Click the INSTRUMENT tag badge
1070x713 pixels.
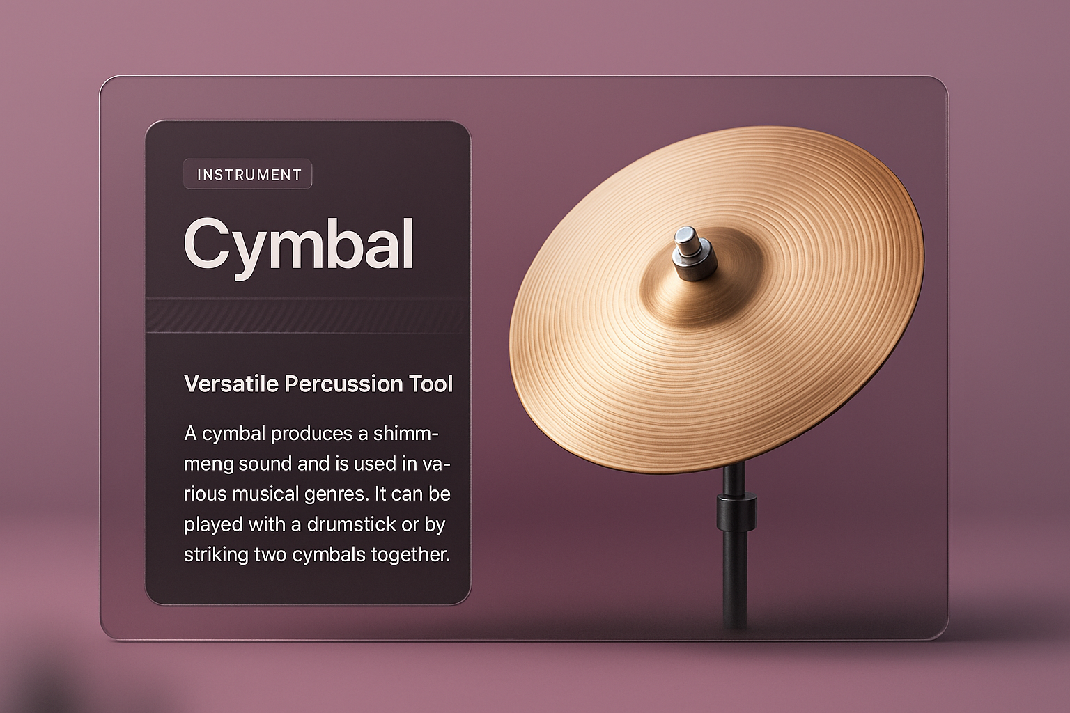point(248,174)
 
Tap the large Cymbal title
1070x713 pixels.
point(298,245)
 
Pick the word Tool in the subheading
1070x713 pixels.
point(431,384)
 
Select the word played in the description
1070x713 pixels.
point(213,524)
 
